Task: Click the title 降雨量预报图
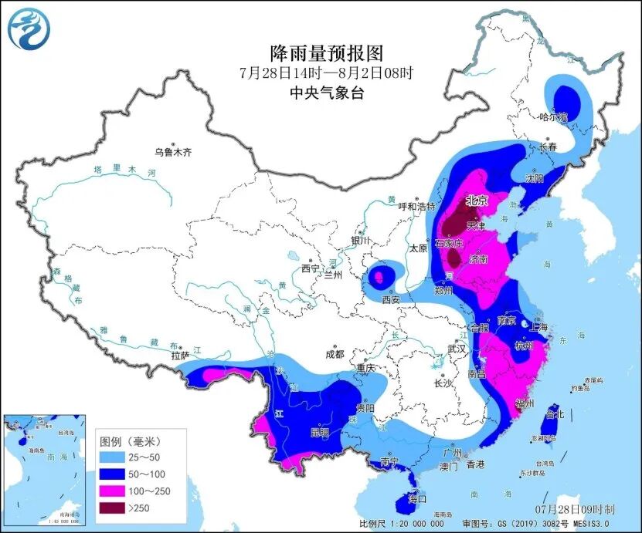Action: click(326, 53)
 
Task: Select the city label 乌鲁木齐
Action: click(173, 153)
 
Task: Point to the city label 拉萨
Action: click(179, 356)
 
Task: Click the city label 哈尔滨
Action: click(553, 117)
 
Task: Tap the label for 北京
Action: click(475, 201)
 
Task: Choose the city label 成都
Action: click(334, 356)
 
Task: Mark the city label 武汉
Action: click(457, 349)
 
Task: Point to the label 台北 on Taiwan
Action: click(555, 414)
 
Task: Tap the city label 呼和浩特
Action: click(416, 207)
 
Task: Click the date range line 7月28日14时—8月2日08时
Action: click(326, 74)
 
